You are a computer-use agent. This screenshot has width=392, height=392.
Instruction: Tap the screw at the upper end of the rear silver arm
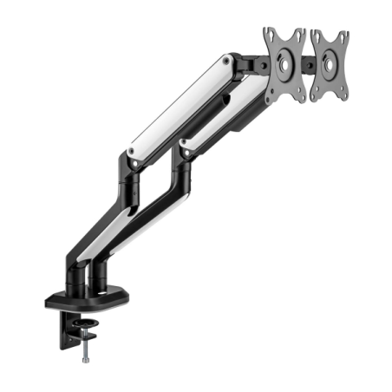point(227,62)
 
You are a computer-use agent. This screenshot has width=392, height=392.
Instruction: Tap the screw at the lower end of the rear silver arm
point(132,153)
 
